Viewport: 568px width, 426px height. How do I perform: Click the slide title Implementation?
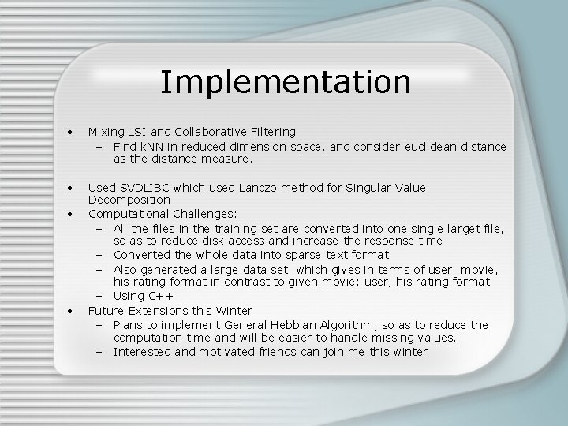pos(285,82)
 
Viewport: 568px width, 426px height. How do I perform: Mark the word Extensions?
pos(164,310)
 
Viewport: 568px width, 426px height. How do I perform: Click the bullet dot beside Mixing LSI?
pos(72,132)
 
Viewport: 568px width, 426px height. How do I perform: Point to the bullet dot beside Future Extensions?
pos(72,310)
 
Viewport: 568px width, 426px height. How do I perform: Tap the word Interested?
pos(144,352)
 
